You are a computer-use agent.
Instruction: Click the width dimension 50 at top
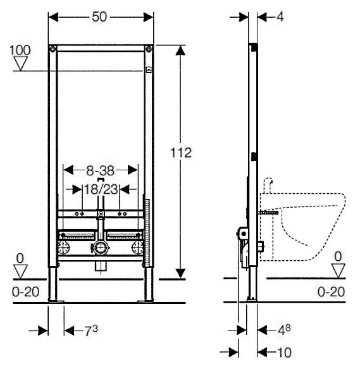pyautogui.click(x=99, y=17)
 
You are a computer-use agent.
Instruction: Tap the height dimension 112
pyautogui.click(x=181, y=153)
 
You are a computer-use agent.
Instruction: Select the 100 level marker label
pyautogui.click(x=20, y=50)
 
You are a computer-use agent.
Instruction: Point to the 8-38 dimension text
pyautogui.click(x=100, y=170)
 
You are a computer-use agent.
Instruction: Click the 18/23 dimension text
pyautogui.click(x=101, y=189)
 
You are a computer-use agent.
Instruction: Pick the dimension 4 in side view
pyautogui.click(x=280, y=17)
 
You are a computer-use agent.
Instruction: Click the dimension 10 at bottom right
pyautogui.click(x=284, y=353)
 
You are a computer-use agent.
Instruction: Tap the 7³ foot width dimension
pyautogui.click(x=91, y=330)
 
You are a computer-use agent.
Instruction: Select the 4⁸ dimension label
pyautogui.click(x=284, y=330)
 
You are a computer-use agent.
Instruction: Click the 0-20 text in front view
pyautogui.click(x=25, y=292)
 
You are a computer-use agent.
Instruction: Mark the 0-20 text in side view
pyautogui.click(x=331, y=292)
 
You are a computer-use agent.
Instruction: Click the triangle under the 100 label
pyautogui.click(x=21, y=63)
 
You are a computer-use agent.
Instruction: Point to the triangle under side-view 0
pyautogui.click(x=338, y=271)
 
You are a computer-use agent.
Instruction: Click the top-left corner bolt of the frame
pyautogui.click(x=53, y=49)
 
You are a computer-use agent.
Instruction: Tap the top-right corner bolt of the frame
pyautogui.click(x=149, y=49)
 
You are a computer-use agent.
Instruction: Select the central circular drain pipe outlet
pyautogui.click(x=101, y=248)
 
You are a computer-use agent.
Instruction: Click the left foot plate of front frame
pyautogui.click(x=56, y=301)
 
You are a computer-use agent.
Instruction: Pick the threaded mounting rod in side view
pyautogui.click(x=268, y=213)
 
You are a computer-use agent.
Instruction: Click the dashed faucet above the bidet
pyautogui.click(x=268, y=185)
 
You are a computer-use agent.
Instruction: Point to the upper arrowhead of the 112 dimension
pyautogui.click(x=180, y=51)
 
